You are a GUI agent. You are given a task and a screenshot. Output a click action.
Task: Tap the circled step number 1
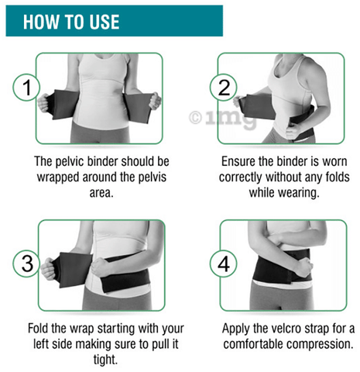tap(26, 88)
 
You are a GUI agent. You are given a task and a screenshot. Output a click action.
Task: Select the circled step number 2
tap(224, 88)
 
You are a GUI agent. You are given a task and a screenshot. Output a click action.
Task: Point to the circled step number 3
tap(26, 263)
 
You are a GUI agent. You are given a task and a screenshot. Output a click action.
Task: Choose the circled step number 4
tap(224, 263)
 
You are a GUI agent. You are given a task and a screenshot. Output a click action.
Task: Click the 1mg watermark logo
tap(223, 119)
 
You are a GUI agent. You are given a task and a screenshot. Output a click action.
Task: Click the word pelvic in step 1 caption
tap(70, 162)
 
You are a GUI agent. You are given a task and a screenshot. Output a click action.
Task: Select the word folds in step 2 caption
tap(338, 177)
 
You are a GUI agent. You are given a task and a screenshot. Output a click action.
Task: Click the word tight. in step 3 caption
tap(105, 360)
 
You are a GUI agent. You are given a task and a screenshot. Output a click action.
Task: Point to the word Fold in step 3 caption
tap(38, 329)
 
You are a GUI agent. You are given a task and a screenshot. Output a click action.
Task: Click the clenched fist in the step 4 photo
tap(304, 268)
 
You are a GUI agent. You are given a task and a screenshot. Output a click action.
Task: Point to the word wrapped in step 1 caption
tap(57, 178)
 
